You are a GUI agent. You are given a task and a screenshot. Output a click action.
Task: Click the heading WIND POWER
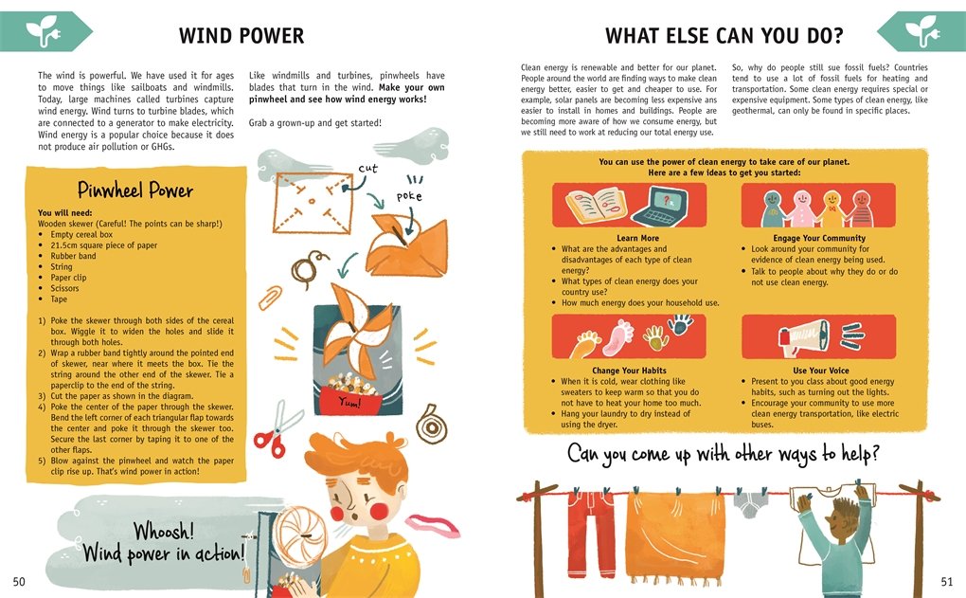point(241,36)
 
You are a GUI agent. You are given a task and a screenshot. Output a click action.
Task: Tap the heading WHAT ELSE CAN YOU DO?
point(724,36)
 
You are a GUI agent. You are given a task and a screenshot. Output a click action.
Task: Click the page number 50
point(19,581)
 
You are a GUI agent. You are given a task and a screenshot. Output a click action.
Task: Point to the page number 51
point(946,581)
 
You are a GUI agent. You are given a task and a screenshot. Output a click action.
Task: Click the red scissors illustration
point(277,429)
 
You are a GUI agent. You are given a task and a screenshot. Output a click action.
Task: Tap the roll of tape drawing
point(431,425)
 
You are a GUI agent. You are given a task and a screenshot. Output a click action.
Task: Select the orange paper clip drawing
point(270,298)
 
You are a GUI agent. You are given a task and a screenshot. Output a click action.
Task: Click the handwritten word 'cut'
point(367,169)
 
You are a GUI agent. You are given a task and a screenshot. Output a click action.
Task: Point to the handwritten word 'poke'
point(409,197)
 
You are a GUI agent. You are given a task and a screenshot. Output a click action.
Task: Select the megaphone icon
point(804,337)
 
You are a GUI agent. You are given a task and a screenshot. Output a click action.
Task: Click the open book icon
point(597,205)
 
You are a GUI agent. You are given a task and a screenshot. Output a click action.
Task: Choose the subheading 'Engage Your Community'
point(819,238)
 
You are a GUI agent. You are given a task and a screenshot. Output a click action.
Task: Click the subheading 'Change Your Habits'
point(629,371)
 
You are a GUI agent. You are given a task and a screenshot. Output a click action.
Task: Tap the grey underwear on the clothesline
point(749,503)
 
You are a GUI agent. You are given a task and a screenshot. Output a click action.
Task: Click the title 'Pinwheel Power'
point(134,190)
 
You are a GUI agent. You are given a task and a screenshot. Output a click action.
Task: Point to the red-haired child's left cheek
point(378,511)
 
